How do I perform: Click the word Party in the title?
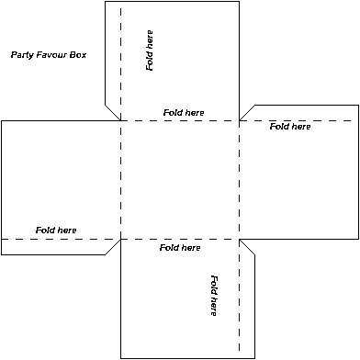pos(22,55)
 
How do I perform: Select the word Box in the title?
pos(78,55)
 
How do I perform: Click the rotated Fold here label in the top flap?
pos(150,51)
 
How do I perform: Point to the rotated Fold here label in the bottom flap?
pos(213,296)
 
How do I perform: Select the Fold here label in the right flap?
pos(290,127)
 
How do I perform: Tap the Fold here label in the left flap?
pos(56,230)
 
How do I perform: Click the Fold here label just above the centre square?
pos(184,112)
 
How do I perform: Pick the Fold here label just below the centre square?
pos(180,248)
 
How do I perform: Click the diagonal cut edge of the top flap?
pos(112,112)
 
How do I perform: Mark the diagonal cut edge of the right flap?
pos(247,112)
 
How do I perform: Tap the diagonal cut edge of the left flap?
pos(112,247)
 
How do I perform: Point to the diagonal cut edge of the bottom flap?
pos(247,247)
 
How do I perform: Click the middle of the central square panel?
pos(180,180)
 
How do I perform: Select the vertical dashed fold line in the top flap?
pos(120,55)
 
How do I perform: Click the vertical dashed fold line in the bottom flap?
pos(240,303)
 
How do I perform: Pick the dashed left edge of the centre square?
pos(120,180)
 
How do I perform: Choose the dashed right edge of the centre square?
pos(240,180)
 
